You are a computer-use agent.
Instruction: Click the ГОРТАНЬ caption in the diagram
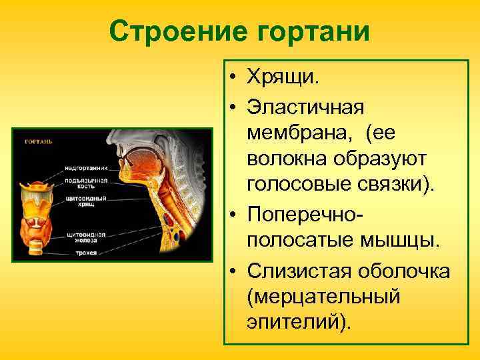39,142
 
